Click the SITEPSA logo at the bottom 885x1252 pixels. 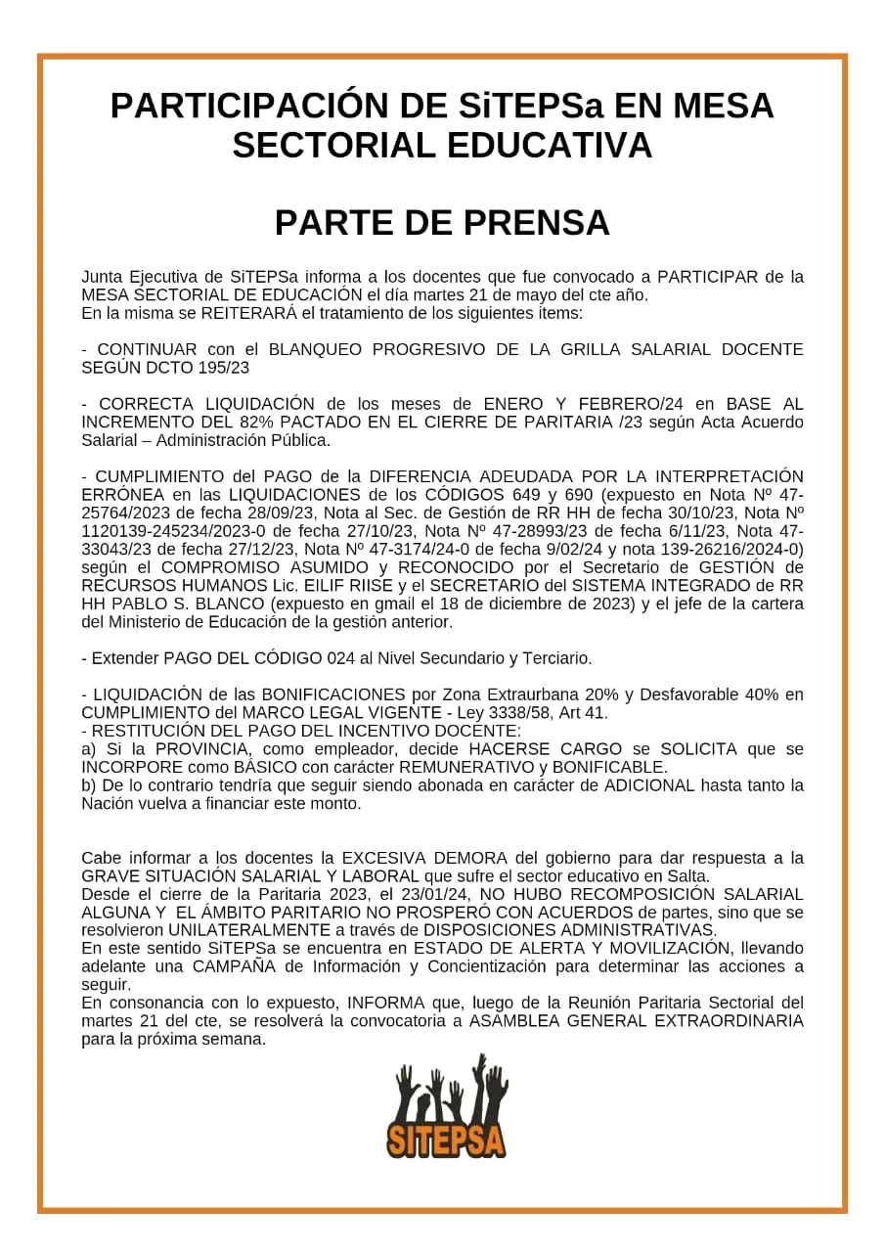[x=446, y=1106]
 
